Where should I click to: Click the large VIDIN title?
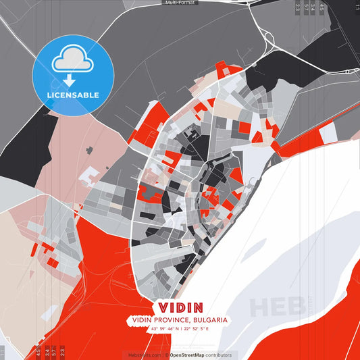click(180, 307)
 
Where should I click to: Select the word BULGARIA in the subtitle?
click(209, 319)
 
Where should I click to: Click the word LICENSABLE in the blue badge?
click(72, 95)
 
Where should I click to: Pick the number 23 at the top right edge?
click(298, 8)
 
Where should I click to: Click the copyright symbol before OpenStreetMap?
click(166, 355)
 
